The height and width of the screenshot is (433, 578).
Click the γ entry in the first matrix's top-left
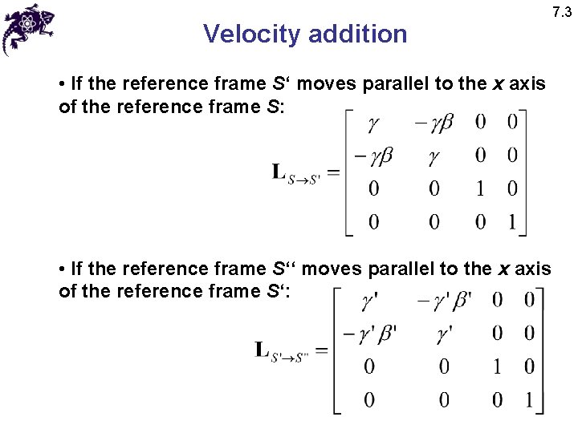click(373, 123)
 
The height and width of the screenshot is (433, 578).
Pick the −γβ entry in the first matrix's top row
click(434, 123)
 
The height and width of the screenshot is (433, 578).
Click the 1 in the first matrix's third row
click(480, 188)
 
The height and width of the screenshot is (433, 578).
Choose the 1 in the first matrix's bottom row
click(512, 221)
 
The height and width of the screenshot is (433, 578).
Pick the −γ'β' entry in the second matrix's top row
click(444, 301)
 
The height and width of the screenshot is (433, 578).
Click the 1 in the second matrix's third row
click(497, 366)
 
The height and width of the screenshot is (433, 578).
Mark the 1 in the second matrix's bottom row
click(528, 399)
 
